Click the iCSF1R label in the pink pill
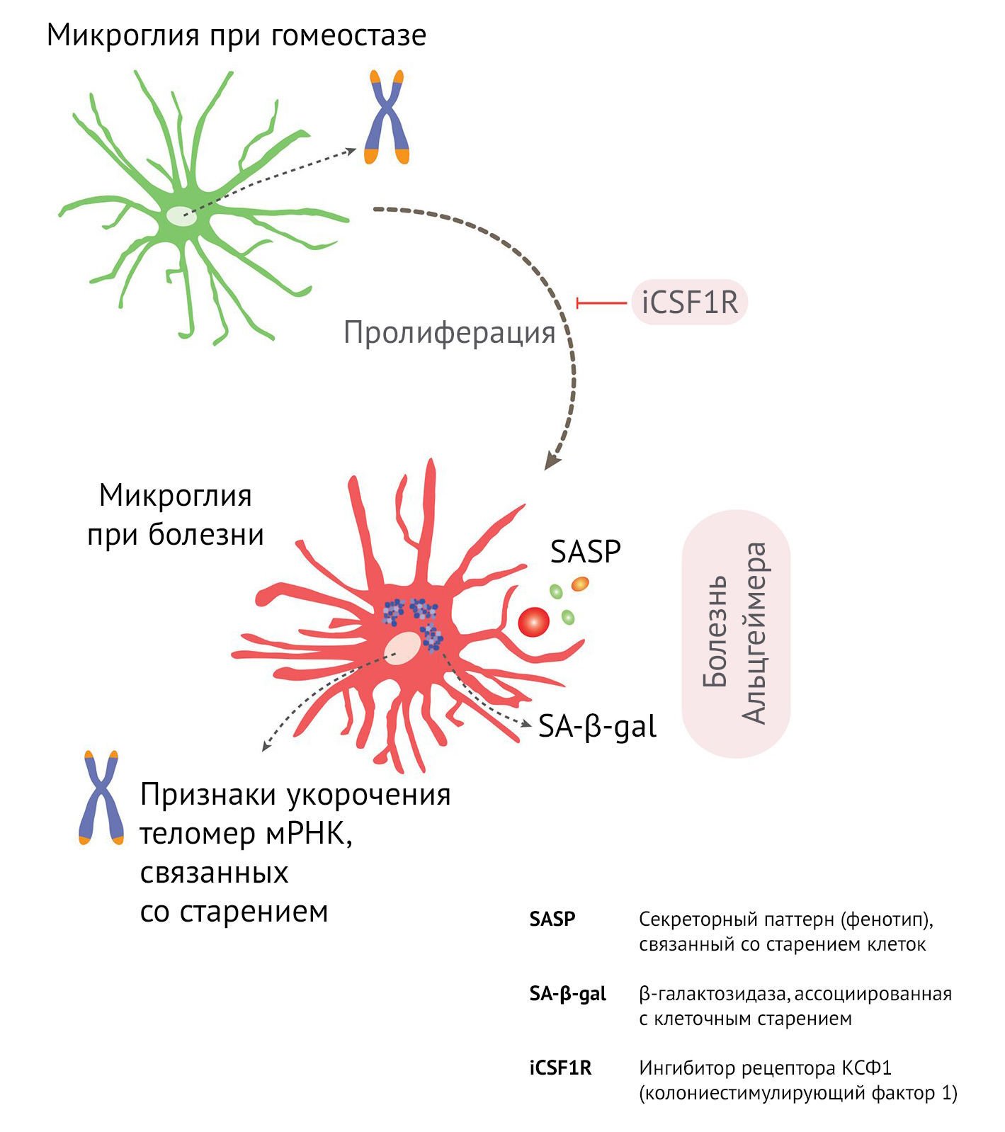point(690,302)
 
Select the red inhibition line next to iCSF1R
point(601,303)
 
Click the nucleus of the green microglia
point(182,216)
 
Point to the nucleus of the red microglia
point(402,649)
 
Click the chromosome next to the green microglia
point(387,117)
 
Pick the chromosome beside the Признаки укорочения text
point(101,798)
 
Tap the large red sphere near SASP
point(534,623)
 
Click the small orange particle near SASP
point(580,584)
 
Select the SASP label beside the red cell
point(586,551)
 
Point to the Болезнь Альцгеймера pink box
point(736,633)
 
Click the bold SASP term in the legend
point(552,919)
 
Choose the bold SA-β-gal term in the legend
point(568,995)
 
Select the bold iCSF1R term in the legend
point(560,1068)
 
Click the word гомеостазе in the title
point(348,36)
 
